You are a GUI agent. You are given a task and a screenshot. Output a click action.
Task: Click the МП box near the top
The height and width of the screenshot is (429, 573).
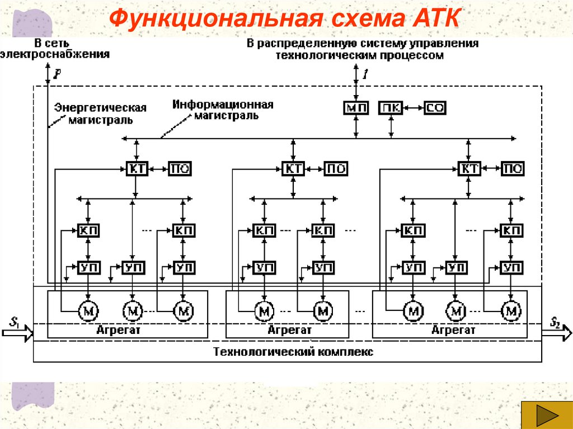coord(356,108)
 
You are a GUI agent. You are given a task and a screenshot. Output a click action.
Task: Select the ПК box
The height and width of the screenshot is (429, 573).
coord(391,108)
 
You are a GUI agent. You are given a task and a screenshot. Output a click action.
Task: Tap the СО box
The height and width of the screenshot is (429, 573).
coord(434,108)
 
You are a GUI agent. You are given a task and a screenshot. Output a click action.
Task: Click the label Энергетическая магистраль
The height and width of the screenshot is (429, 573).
coord(100,114)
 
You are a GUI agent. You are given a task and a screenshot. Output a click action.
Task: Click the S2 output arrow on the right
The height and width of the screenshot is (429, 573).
coord(557,334)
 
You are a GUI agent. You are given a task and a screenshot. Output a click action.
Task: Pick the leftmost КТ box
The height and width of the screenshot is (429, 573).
coord(136,169)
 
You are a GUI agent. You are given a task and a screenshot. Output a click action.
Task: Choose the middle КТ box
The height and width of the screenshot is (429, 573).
coord(293,169)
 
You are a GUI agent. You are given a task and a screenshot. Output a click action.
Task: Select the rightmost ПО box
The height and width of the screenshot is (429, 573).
coord(512,169)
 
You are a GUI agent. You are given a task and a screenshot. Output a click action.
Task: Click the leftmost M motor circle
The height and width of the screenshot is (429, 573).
coord(88,310)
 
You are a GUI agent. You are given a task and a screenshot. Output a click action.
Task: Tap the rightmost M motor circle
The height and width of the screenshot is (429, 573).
coord(510,310)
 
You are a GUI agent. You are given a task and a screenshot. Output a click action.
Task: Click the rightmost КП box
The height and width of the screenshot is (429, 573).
coord(510,230)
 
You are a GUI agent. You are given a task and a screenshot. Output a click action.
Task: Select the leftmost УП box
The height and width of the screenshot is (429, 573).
coord(88,267)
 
